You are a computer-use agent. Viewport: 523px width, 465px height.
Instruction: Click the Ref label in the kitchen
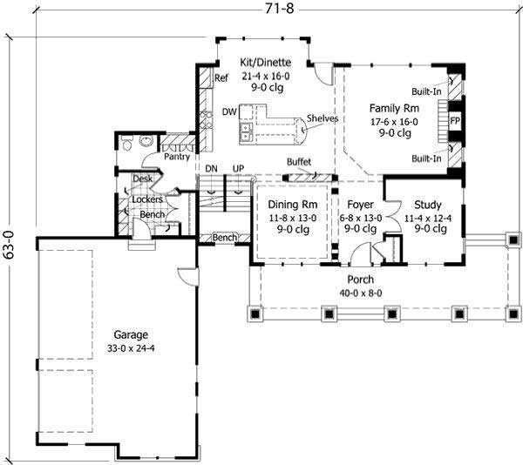click(x=221, y=78)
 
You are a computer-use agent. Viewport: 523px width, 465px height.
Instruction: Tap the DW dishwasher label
click(x=229, y=112)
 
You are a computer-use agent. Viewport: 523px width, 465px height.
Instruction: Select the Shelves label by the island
click(x=323, y=118)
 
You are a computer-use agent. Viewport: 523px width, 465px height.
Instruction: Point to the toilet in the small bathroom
click(x=127, y=144)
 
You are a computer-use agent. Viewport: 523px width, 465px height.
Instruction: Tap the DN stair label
click(x=210, y=167)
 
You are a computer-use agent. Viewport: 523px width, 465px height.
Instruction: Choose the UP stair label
click(x=238, y=167)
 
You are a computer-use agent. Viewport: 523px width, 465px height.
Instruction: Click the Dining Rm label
click(x=285, y=206)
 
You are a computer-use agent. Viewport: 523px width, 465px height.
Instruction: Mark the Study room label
click(x=429, y=206)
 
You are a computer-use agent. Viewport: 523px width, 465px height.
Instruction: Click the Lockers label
click(x=147, y=199)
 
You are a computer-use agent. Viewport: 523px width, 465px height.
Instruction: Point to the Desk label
click(x=141, y=179)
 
